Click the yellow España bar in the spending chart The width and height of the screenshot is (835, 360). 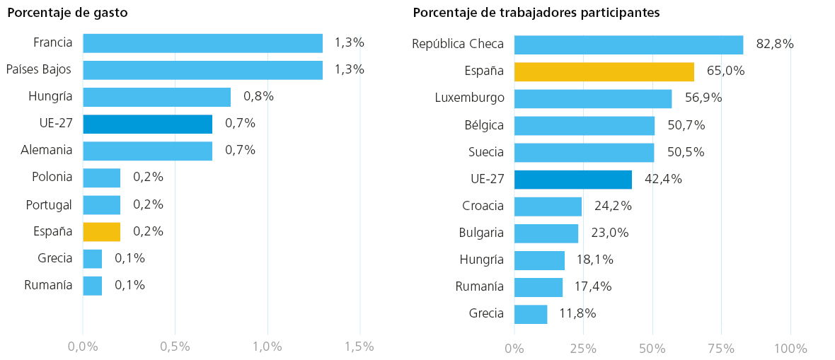[x=102, y=232]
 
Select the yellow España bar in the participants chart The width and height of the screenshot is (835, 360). [x=604, y=71]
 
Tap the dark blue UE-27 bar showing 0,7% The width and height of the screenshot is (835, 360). [x=147, y=124]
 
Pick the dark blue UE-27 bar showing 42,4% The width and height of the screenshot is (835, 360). [x=573, y=180]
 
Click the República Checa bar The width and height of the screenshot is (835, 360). [x=629, y=45]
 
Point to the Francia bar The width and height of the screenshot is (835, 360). [x=203, y=43]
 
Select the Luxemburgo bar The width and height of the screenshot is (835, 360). [x=593, y=98]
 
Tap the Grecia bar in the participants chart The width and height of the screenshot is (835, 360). [x=531, y=314]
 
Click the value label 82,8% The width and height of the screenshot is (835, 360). [x=775, y=44]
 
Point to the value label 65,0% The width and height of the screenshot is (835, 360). [x=726, y=70]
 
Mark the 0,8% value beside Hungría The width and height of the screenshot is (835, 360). [x=258, y=96]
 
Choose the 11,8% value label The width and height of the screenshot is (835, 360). [x=578, y=313]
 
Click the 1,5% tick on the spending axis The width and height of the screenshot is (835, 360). [x=359, y=347]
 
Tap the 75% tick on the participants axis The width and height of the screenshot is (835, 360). [x=722, y=349]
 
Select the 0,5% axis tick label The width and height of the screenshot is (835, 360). [x=175, y=347]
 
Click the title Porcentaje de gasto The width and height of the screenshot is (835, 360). [x=67, y=13]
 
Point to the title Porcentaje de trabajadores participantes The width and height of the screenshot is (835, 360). [x=536, y=13]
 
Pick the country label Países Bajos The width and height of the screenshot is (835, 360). [x=39, y=69]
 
